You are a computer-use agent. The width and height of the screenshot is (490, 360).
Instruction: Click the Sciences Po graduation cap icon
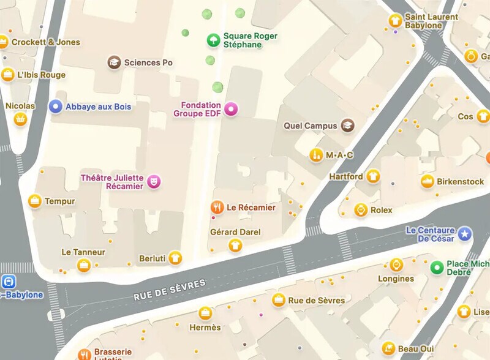pos(113,62)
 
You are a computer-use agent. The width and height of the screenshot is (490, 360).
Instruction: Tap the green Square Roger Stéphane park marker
pos(213,40)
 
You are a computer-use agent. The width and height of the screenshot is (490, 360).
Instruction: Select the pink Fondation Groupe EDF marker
pos(231,110)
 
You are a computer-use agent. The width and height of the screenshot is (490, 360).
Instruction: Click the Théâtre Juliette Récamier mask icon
pos(154,181)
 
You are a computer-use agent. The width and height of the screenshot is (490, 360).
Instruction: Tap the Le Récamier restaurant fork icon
pos(216,207)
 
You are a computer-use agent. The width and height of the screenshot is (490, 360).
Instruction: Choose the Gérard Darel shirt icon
pos(235,246)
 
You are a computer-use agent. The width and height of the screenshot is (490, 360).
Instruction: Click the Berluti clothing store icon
pos(176,258)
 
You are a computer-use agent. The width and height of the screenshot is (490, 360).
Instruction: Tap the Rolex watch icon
pos(361,210)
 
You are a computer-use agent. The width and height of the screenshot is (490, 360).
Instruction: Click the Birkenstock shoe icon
pos(428,181)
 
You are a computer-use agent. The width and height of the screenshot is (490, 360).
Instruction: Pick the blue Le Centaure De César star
pos(465,233)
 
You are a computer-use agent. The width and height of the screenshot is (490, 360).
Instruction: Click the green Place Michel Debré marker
pos(436,267)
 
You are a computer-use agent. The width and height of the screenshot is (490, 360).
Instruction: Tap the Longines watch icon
pos(396,265)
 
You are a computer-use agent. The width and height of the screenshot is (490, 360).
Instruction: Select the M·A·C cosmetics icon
pos(316,155)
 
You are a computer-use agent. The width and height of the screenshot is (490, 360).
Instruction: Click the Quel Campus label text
pos(311,126)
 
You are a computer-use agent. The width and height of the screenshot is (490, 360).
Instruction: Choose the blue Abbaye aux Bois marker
pos(56,107)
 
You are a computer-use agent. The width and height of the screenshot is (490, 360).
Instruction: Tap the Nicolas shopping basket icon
pos(20,119)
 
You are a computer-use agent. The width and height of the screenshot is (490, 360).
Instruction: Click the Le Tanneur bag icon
pos(84,265)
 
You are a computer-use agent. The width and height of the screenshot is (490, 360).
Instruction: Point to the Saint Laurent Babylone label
pos(432,21)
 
